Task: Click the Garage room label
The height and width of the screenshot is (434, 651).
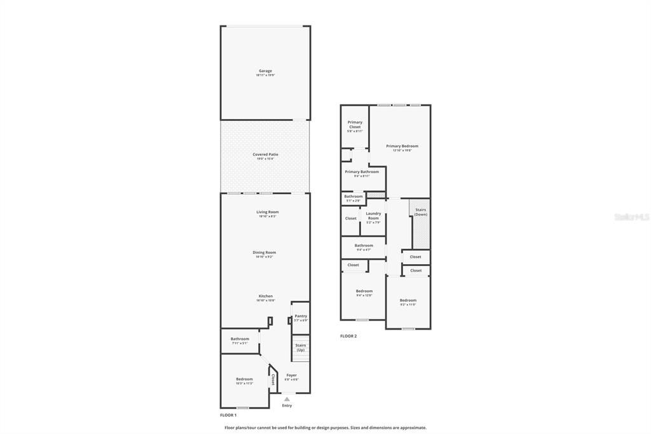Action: point(265,71)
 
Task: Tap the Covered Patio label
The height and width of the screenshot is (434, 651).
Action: point(265,155)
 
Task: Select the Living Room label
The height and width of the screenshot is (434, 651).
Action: point(267,212)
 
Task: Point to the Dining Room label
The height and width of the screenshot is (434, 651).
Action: point(264,253)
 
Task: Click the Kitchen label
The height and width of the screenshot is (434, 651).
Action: point(265,296)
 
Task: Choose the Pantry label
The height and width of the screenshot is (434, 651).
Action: point(301,316)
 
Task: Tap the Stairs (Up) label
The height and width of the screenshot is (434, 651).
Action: point(301,347)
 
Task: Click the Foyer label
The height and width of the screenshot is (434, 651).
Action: point(291,375)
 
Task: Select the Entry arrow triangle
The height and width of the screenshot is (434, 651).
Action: point(287,399)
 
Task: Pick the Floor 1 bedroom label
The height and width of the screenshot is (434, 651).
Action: point(244,379)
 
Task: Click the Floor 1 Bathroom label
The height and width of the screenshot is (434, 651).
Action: point(240,339)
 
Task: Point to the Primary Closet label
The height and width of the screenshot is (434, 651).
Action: point(355,124)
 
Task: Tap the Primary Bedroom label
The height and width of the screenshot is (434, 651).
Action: point(402,146)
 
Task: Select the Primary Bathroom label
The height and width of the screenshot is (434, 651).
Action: point(362,172)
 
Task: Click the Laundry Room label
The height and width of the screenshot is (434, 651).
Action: point(373,216)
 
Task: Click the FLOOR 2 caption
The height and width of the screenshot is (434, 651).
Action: point(348,336)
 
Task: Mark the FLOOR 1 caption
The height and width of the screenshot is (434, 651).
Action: point(228,415)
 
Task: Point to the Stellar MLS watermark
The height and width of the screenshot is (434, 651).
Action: point(632,217)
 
